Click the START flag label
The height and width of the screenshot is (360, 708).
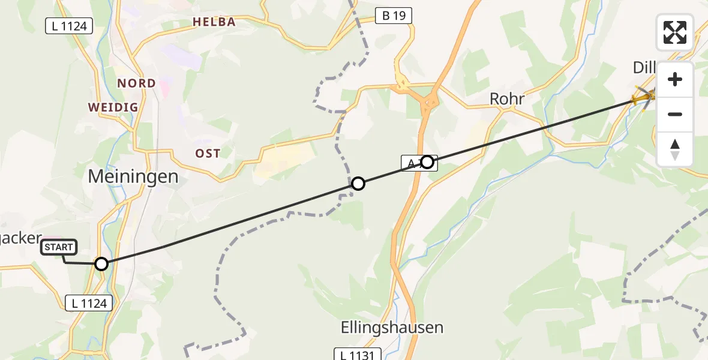pyautogui.click(x=59, y=247)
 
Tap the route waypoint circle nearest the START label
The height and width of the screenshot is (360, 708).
pyautogui.click(x=101, y=263)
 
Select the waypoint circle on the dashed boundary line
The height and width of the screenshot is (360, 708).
pyautogui.click(x=358, y=184)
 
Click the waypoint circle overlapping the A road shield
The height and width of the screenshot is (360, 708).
pyautogui.click(x=427, y=162)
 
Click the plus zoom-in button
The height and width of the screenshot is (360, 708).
pyautogui.click(x=675, y=79)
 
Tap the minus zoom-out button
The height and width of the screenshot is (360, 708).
pyautogui.click(x=675, y=115)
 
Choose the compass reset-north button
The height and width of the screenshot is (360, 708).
pyautogui.click(x=675, y=149)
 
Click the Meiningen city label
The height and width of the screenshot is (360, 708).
pyautogui.click(x=133, y=176)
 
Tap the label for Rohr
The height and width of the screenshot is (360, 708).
pyautogui.click(x=507, y=98)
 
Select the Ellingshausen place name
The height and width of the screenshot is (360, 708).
pyautogui.click(x=392, y=328)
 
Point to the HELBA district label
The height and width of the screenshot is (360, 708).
pyautogui.click(x=214, y=22)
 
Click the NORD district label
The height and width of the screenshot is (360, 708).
pyautogui.click(x=136, y=83)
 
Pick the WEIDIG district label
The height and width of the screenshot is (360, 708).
pyautogui.click(x=113, y=107)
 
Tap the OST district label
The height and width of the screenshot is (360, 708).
pyautogui.click(x=208, y=154)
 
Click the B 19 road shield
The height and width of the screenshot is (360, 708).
pyautogui.click(x=394, y=16)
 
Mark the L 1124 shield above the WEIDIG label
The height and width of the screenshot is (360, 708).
pyautogui.click(x=70, y=26)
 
